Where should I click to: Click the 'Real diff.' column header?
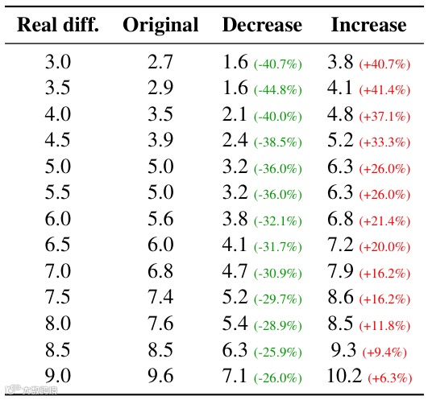[x=58, y=25]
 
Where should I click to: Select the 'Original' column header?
[x=160, y=25]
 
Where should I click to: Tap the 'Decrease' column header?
[x=262, y=25]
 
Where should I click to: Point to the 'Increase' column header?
[x=368, y=25]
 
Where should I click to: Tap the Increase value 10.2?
[x=344, y=377]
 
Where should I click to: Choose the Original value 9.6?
[x=160, y=377]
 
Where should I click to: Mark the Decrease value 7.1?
[x=235, y=377]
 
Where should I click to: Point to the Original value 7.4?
[x=160, y=298]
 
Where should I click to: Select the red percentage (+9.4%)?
[x=386, y=353]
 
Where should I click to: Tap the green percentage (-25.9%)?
[x=278, y=353]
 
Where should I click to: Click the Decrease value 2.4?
[x=235, y=141]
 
